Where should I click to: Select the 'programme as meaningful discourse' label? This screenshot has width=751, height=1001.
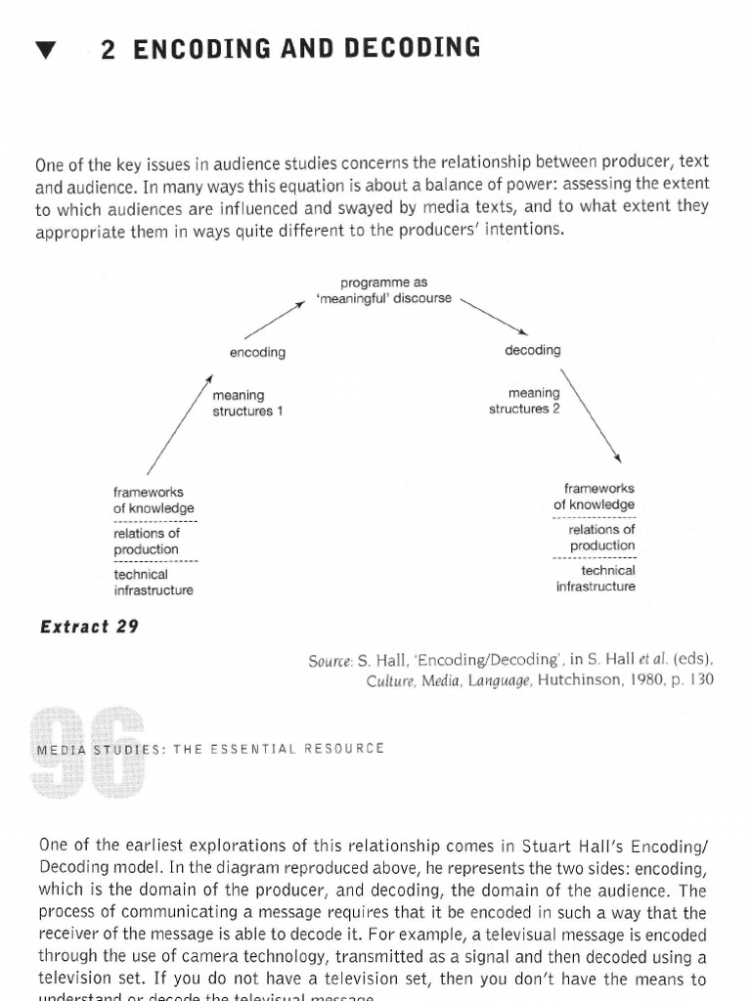(x=384, y=290)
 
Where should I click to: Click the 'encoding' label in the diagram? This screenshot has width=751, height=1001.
(x=257, y=352)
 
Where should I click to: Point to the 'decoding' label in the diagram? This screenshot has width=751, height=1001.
(x=533, y=350)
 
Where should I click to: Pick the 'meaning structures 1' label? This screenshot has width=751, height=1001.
(x=248, y=403)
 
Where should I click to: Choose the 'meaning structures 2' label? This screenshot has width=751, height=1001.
(x=525, y=401)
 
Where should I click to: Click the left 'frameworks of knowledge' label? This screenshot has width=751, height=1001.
(x=154, y=500)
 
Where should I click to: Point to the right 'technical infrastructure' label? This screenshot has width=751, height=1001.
(x=596, y=578)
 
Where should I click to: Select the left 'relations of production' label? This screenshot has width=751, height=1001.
(x=147, y=542)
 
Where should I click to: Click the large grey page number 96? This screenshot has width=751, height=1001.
(x=89, y=758)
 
